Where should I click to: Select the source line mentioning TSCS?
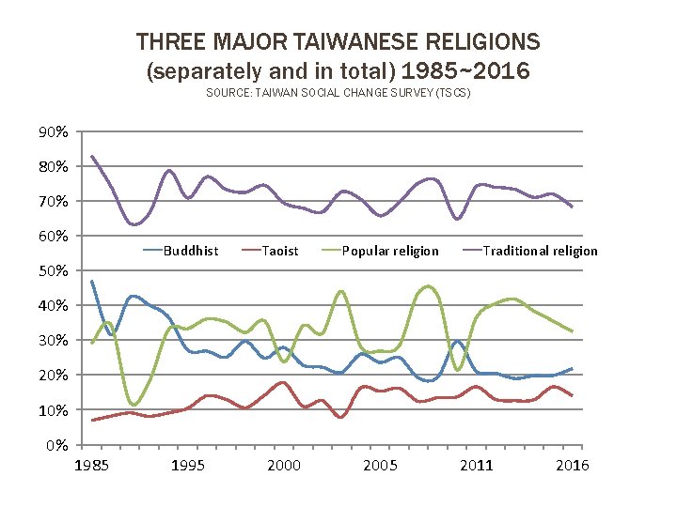point(338,94)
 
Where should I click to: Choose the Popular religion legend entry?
point(389,251)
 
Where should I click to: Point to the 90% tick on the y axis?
point(53,132)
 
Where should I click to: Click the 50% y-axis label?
point(53,271)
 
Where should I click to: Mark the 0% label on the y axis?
point(56,445)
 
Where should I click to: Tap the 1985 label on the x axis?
point(91,466)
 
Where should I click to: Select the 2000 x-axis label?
point(284,466)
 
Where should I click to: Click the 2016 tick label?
point(572,466)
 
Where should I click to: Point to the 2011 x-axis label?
point(477,466)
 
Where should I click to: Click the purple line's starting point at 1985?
point(92,157)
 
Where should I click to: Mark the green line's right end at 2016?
point(572,331)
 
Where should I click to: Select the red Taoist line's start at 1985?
point(92,420)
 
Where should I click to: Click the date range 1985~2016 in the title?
point(466,70)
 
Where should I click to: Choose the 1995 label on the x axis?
point(188,466)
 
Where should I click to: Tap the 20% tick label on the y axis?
point(53,376)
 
